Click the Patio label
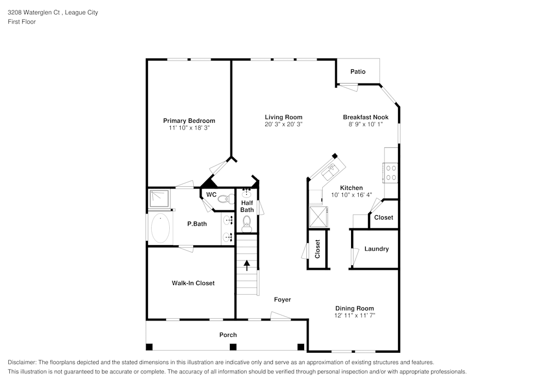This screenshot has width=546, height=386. click(358, 72)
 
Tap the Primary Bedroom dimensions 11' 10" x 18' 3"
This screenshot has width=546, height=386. click(189, 128)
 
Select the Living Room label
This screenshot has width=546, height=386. click(283, 117)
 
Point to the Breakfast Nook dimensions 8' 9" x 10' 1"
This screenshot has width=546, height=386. click(365, 124)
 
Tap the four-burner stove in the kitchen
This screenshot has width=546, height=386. click(391, 173)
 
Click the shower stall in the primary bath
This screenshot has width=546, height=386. click(159, 198)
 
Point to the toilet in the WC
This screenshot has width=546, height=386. click(224, 199)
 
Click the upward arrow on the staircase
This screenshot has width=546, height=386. click(247, 265)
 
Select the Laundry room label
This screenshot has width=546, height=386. click(376, 249)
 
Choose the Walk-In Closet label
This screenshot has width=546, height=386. click(193, 283)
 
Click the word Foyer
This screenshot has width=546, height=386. click(282, 299)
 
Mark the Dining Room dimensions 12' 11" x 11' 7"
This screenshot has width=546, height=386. click(355, 316)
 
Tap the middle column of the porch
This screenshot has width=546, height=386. click(233, 347)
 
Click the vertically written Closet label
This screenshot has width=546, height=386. click(317, 249)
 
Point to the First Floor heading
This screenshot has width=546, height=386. click(22, 22)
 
